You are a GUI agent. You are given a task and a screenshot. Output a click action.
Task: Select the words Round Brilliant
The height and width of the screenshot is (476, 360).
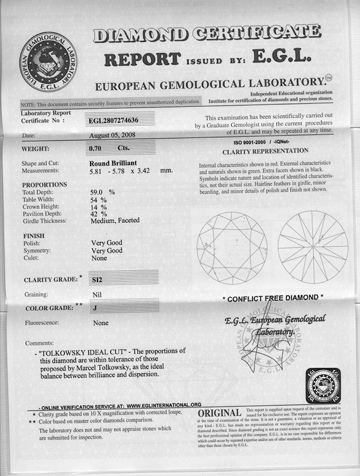click(x=114, y=163)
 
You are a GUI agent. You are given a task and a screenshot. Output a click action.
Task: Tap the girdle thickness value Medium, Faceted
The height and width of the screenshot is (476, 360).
click(x=115, y=220)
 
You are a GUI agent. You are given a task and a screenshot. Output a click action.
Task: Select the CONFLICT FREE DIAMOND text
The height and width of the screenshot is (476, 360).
click(x=273, y=298)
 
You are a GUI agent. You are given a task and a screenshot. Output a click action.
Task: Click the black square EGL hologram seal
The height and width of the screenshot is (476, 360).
click(x=323, y=385)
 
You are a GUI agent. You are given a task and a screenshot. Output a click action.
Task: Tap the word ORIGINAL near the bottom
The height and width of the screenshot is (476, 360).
click(x=219, y=413)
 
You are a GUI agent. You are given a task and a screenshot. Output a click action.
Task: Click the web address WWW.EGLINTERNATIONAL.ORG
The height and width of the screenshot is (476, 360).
click(x=163, y=404)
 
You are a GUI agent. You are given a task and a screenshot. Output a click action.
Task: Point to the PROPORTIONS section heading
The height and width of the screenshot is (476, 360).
click(x=44, y=185)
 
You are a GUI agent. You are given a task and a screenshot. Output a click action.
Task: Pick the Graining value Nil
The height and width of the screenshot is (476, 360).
click(x=97, y=295)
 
